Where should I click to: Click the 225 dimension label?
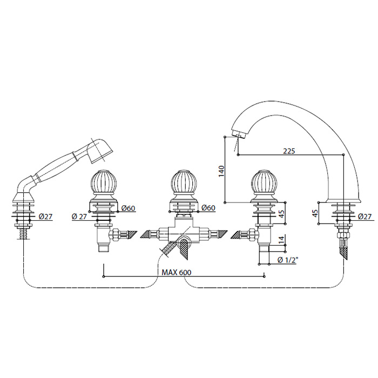click(289, 151)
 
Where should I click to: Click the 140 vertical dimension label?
click(221, 171)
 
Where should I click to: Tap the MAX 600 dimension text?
click(176, 272)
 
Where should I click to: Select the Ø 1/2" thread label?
click(288, 260)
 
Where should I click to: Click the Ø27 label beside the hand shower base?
click(45, 217)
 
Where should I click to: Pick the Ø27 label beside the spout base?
click(364, 216)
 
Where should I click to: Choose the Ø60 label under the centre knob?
click(208, 208)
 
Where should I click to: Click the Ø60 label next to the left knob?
click(129, 208)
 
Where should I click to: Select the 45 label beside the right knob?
click(281, 212)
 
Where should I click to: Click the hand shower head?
click(99, 150)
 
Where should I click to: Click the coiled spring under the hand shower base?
click(24, 233)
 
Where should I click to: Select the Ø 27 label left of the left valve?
click(79, 217)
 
